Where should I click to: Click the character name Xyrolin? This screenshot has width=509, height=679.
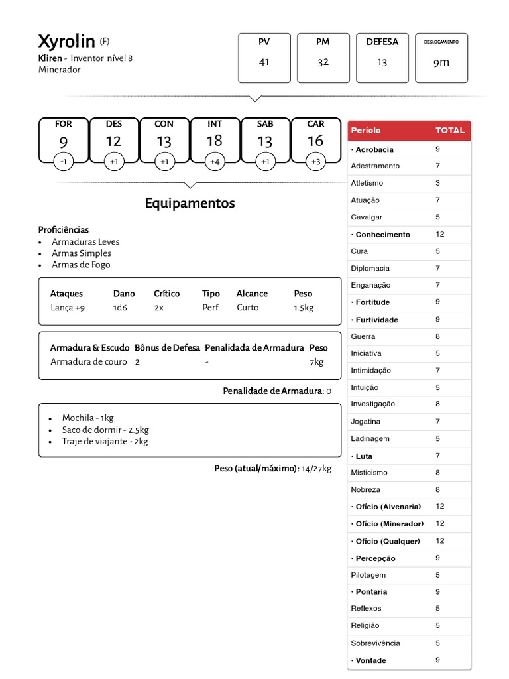(x=66, y=42)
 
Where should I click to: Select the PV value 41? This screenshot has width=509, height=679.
(x=264, y=62)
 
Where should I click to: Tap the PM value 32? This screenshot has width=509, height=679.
(x=323, y=62)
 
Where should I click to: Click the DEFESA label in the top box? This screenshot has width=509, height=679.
(x=382, y=42)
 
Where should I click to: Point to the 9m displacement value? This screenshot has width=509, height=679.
(x=441, y=62)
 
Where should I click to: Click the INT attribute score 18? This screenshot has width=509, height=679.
(x=215, y=141)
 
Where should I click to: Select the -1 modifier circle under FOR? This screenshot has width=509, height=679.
(x=63, y=161)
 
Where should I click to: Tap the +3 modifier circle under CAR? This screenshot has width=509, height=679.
(x=316, y=161)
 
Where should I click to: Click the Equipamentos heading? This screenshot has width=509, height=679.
(x=190, y=203)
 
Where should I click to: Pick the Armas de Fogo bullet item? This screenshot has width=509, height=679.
(x=81, y=265)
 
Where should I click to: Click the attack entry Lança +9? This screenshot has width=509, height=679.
(x=68, y=308)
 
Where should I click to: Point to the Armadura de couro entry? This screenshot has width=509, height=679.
(x=88, y=362)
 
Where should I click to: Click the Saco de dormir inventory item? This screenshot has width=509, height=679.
(x=105, y=430)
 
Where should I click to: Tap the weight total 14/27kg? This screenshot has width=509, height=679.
(x=316, y=469)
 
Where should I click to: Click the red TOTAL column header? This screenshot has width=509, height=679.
(x=450, y=131)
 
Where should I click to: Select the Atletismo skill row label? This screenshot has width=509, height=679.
(x=367, y=183)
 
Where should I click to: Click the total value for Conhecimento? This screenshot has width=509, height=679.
(x=440, y=234)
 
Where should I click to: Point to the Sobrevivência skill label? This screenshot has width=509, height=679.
(x=375, y=643)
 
